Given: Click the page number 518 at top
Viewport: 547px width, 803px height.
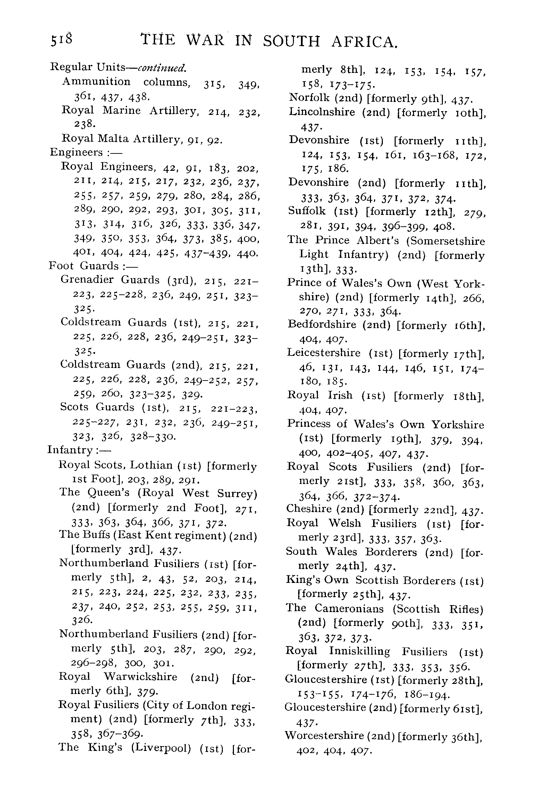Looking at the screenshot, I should tap(62, 40).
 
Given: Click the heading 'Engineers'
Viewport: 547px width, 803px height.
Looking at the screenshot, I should tap(76, 153).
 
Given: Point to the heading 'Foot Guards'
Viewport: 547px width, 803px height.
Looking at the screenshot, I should tap(84, 266).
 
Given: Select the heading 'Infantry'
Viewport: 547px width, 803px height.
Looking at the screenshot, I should tap(70, 450).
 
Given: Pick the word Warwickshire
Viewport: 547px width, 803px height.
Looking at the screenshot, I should tap(141, 677).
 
